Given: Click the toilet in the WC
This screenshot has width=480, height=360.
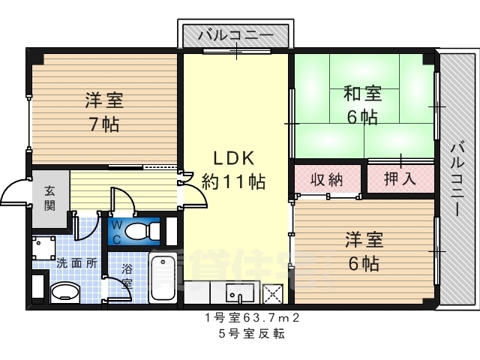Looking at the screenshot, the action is point(143,230).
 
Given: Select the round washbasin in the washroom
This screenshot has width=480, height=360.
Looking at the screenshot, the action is point(65,291).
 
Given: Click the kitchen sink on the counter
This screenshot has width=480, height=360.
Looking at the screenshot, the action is point(240,292).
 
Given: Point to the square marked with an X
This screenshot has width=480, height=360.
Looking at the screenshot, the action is point(273,293).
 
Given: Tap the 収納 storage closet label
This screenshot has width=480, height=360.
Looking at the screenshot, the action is point(326,180).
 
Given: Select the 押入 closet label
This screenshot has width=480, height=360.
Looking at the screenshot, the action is point(400,178).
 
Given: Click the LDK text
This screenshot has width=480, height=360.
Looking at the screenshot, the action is point(234,158).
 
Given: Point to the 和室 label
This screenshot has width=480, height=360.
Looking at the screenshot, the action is point(363,93).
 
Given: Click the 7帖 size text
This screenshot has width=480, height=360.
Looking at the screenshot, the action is point(104,124).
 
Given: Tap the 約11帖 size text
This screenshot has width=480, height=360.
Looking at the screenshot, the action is point(233,181).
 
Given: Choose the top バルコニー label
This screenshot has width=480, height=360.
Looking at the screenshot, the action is point(235,35).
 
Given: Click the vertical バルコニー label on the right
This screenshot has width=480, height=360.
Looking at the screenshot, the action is point(457,180).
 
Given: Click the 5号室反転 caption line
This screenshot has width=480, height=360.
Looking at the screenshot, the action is point(252,333).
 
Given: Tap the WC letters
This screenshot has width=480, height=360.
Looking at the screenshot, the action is point(117,232).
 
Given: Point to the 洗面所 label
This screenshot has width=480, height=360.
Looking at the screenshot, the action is point(76,263).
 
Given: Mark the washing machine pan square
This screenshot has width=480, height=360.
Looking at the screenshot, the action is point(44,247).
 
